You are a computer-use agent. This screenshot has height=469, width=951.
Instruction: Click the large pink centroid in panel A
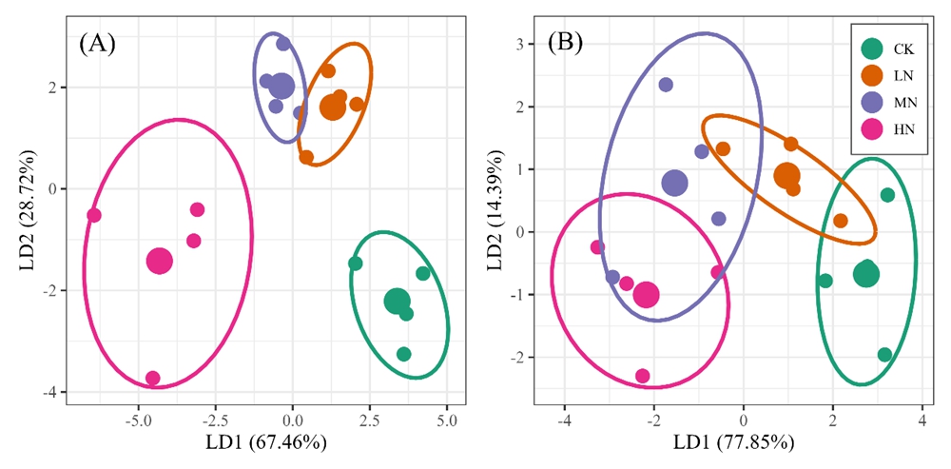[160, 261]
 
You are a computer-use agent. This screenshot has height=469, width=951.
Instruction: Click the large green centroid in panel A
[397, 301]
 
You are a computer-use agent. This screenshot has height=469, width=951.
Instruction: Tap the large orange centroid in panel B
[786, 175]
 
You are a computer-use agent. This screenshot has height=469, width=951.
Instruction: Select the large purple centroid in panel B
[674, 183]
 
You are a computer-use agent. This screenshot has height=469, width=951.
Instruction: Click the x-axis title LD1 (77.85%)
[732, 443]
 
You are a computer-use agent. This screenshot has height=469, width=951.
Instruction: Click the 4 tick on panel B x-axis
[922, 419]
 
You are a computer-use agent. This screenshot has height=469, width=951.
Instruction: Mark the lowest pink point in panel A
[152, 379]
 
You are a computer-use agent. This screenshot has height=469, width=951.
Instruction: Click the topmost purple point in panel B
[666, 85]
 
